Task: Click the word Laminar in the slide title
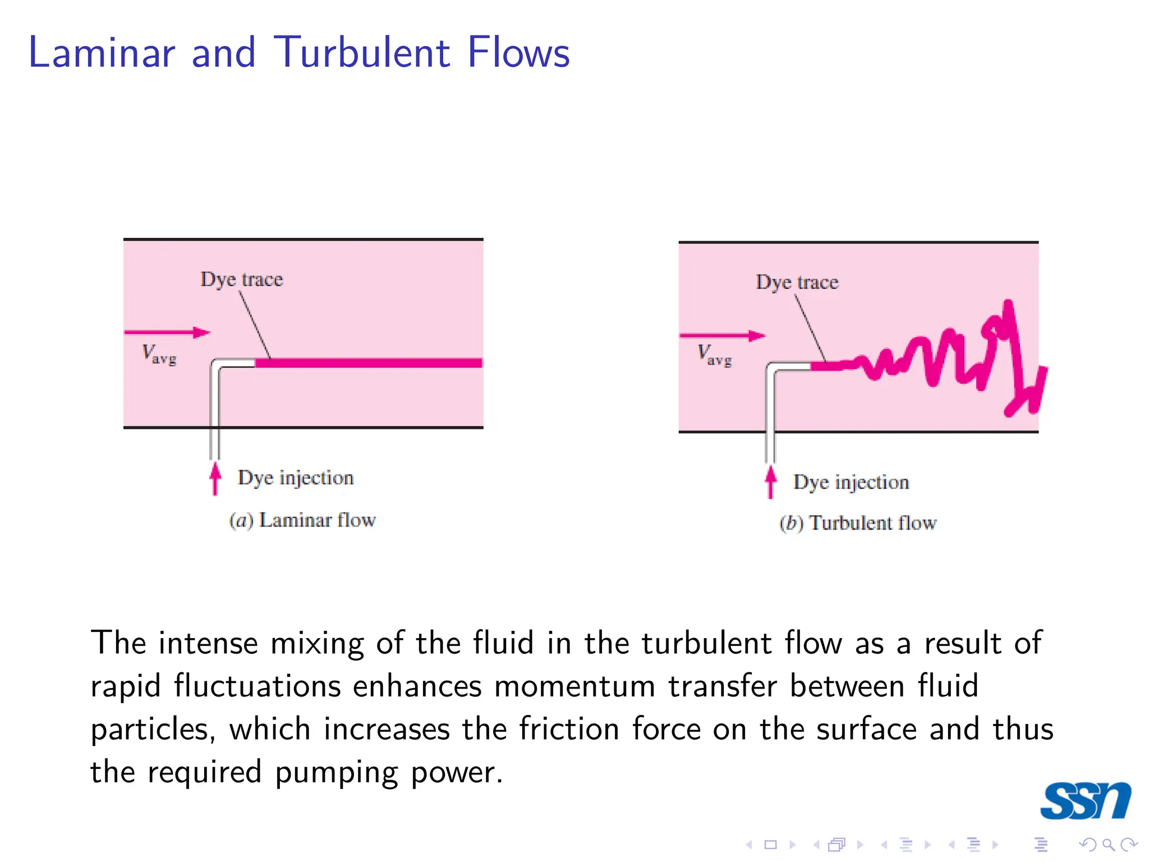[102, 53]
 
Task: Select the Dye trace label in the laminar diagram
[242, 279]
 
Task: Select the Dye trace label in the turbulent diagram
[797, 282]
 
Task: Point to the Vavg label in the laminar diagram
[159, 355]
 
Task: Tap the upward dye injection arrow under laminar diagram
[215, 478]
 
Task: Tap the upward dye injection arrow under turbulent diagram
[771, 482]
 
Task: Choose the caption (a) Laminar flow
[302, 520]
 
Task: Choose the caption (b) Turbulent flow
[858, 523]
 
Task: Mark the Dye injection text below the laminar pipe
[296, 478]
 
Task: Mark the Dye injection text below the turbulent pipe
[851, 482]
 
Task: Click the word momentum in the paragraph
[574, 686]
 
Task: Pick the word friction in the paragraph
[569, 729]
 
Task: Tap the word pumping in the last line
[336, 773]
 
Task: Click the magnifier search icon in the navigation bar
[1107, 845]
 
